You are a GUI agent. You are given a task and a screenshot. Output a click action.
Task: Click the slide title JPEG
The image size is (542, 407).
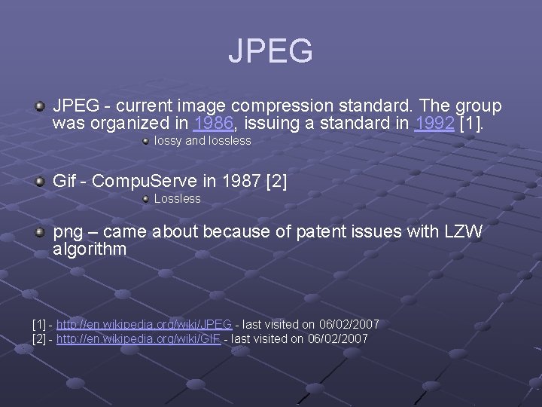pyautogui.click(x=270, y=51)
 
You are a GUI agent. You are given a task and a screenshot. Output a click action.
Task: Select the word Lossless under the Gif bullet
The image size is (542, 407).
pyautogui.click(x=178, y=199)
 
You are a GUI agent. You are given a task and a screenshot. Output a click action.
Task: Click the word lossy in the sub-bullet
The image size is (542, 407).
pyautogui.click(x=167, y=141)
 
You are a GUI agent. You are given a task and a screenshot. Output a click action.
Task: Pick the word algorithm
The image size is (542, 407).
pyautogui.click(x=90, y=249)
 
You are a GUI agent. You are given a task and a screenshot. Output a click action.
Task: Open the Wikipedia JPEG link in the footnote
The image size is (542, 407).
pyautogui.click(x=144, y=324)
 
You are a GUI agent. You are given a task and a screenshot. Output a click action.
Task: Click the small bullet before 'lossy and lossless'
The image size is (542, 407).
pyautogui.click(x=145, y=140)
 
